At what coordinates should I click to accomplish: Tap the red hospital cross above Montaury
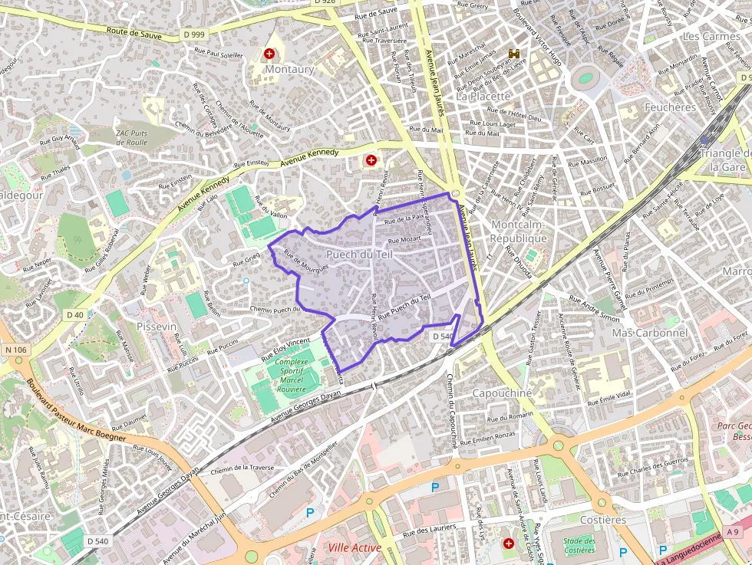point(269,54)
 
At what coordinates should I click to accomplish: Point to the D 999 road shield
point(194,34)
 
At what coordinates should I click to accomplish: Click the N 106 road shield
point(15,350)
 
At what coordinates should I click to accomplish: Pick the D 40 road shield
point(74,315)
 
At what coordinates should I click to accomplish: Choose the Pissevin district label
point(156,327)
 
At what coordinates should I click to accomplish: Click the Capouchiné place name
point(502,393)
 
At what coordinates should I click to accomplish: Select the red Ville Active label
point(354,547)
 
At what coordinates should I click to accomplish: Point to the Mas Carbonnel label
point(649,333)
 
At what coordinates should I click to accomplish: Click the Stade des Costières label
point(579,545)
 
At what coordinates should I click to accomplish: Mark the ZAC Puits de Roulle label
point(131,136)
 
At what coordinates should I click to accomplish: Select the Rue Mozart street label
point(404,241)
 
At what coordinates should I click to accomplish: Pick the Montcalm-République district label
point(519,232)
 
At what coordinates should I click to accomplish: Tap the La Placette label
point(483,97)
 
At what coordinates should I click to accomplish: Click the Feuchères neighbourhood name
point(670,107)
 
